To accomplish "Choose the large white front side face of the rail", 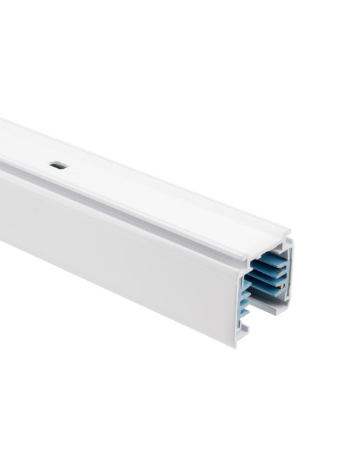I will pyautogui.click(x=120, y=254).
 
